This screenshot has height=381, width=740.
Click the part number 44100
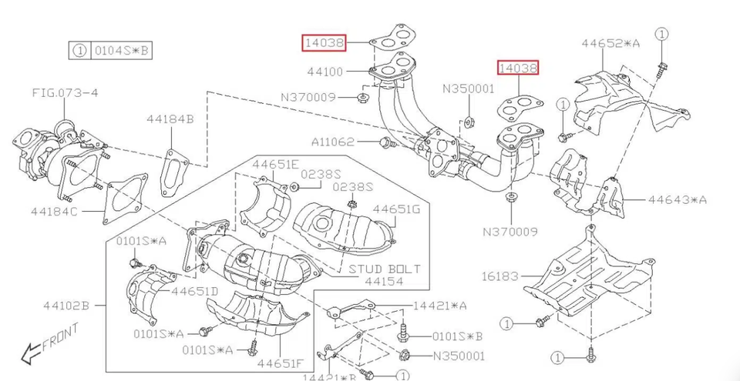click(x=325, y=72)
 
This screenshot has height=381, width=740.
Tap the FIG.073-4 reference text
click(x=65, y=93)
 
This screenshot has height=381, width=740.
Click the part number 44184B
click(x=170, y=119)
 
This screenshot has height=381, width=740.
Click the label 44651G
click(x=396, y=209)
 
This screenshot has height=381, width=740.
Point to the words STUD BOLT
click(x=384, y=269)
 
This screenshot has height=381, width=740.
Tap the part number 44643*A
click(x=677, y=199)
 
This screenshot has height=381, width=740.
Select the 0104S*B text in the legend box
click(x=123, y=52)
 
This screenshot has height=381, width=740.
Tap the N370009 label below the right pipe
click(x=510, y=230)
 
